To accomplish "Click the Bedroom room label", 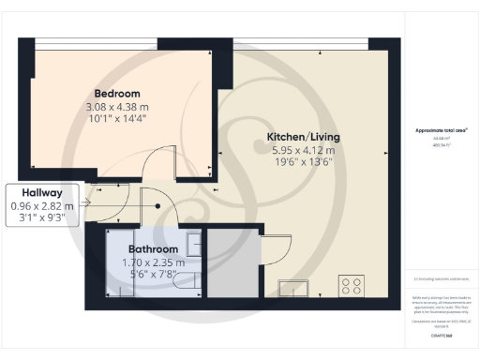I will (117, 94).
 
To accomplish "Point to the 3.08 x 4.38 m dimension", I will (117, 107).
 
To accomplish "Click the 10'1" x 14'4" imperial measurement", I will (117, 120).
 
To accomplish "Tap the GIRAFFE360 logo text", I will (440, 334).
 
